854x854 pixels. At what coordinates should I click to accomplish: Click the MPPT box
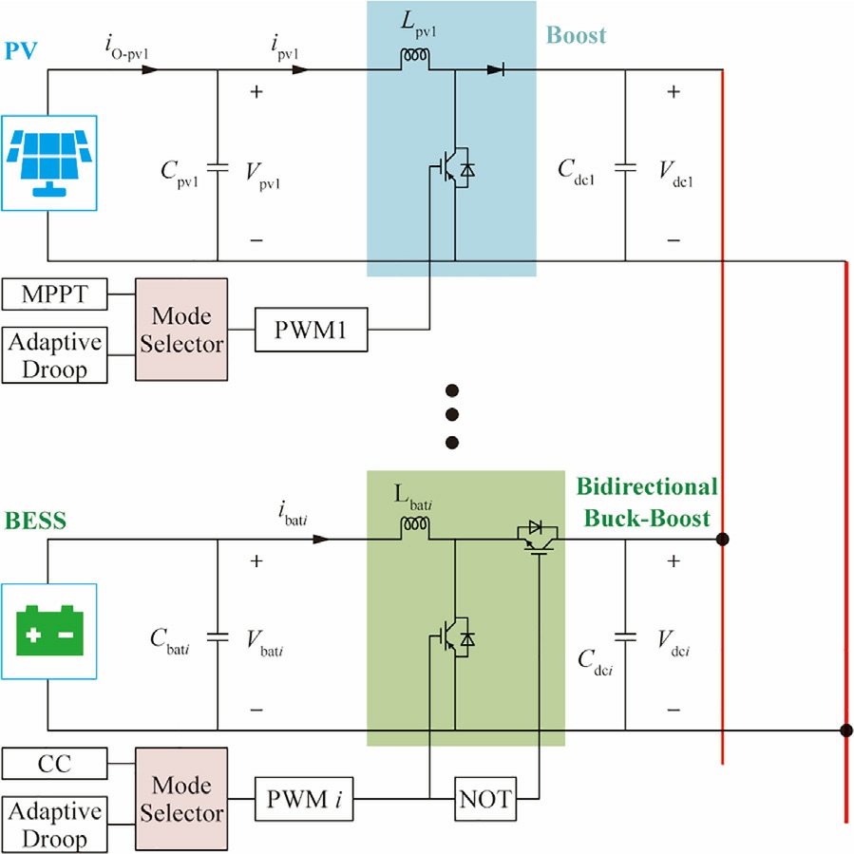(54, 295)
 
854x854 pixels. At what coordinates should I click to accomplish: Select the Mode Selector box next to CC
(181, 798)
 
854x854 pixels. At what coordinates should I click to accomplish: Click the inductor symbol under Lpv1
(413, 60)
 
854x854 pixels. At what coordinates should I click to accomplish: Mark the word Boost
(576, 37)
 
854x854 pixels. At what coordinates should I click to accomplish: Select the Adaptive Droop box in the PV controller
(54, 355)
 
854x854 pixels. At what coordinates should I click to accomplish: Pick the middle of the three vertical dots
(452, 415)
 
